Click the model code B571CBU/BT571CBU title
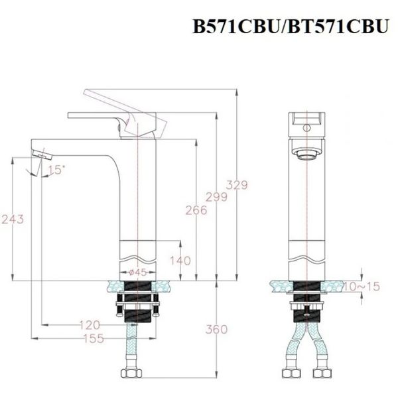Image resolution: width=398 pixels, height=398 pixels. [290, 27]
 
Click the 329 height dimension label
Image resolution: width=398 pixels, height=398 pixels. [237, 185]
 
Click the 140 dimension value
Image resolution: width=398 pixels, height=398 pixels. [180, 261]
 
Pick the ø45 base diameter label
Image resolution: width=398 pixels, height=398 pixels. [137, 272]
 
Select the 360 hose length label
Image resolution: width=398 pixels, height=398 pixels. [216, 329]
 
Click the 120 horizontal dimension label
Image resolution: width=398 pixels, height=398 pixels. [88, 324]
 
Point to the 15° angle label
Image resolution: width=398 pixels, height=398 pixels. [56, 170]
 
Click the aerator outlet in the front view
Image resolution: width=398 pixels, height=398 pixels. [306, 155]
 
